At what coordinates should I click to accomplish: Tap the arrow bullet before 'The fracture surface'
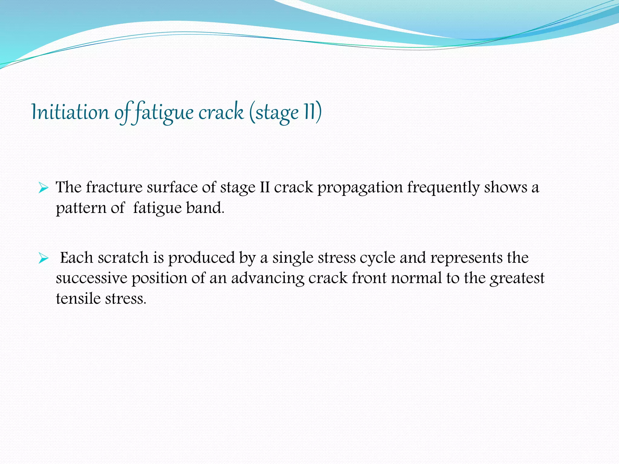click(44, 188)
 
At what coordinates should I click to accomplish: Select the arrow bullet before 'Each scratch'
click(44, 259)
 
